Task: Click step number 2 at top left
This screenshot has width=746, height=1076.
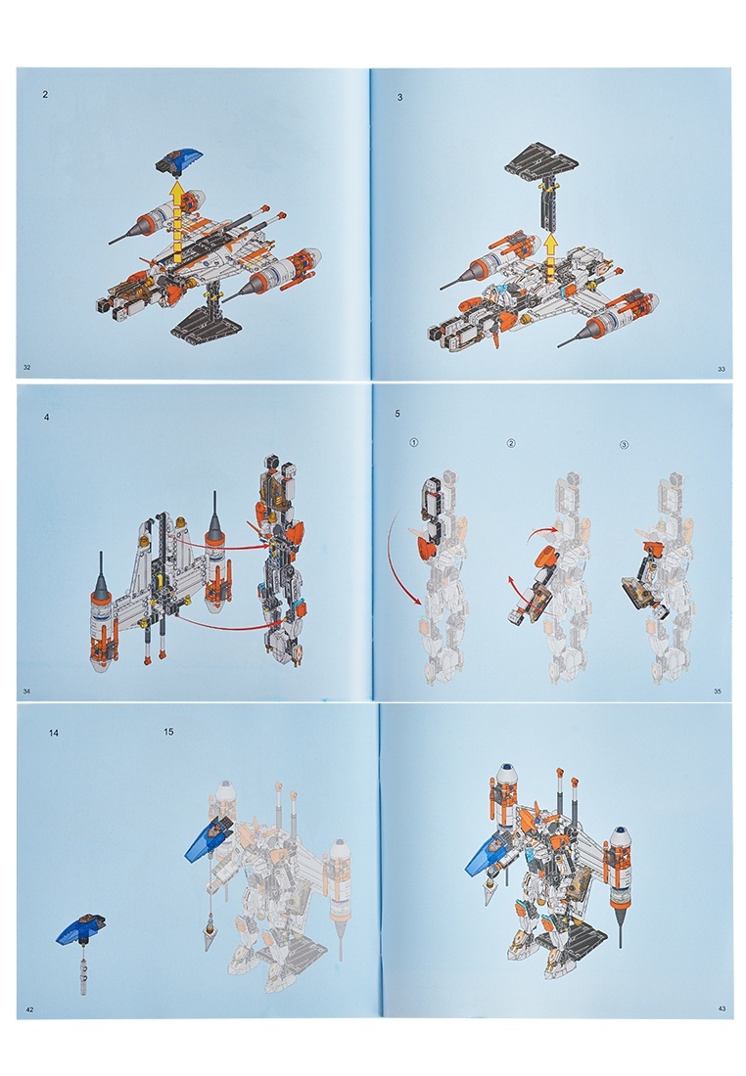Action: pos(45,95)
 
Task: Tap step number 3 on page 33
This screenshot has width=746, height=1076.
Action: pos(399,98)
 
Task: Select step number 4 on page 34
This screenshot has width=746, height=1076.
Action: pos(47,418)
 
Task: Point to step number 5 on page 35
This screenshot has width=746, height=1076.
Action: pos(397,414)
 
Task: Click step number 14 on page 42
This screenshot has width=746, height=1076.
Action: pos(54,733)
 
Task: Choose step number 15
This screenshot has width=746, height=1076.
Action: pos(168,732)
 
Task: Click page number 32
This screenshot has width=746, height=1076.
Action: pos(26,367)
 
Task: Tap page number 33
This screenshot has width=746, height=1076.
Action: pos(722,369)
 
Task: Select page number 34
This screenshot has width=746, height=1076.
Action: pos(26,691)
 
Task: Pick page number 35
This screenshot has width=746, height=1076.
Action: pos(718,691)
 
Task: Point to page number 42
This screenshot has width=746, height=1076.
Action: pos(29,1009)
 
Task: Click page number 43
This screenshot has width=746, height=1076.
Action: pos(722,1009)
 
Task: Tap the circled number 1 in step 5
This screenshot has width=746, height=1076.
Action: pos(413,442)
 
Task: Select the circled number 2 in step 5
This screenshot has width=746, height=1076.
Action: pos(510,443)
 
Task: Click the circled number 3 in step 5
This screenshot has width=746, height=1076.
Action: pos(624,445)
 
